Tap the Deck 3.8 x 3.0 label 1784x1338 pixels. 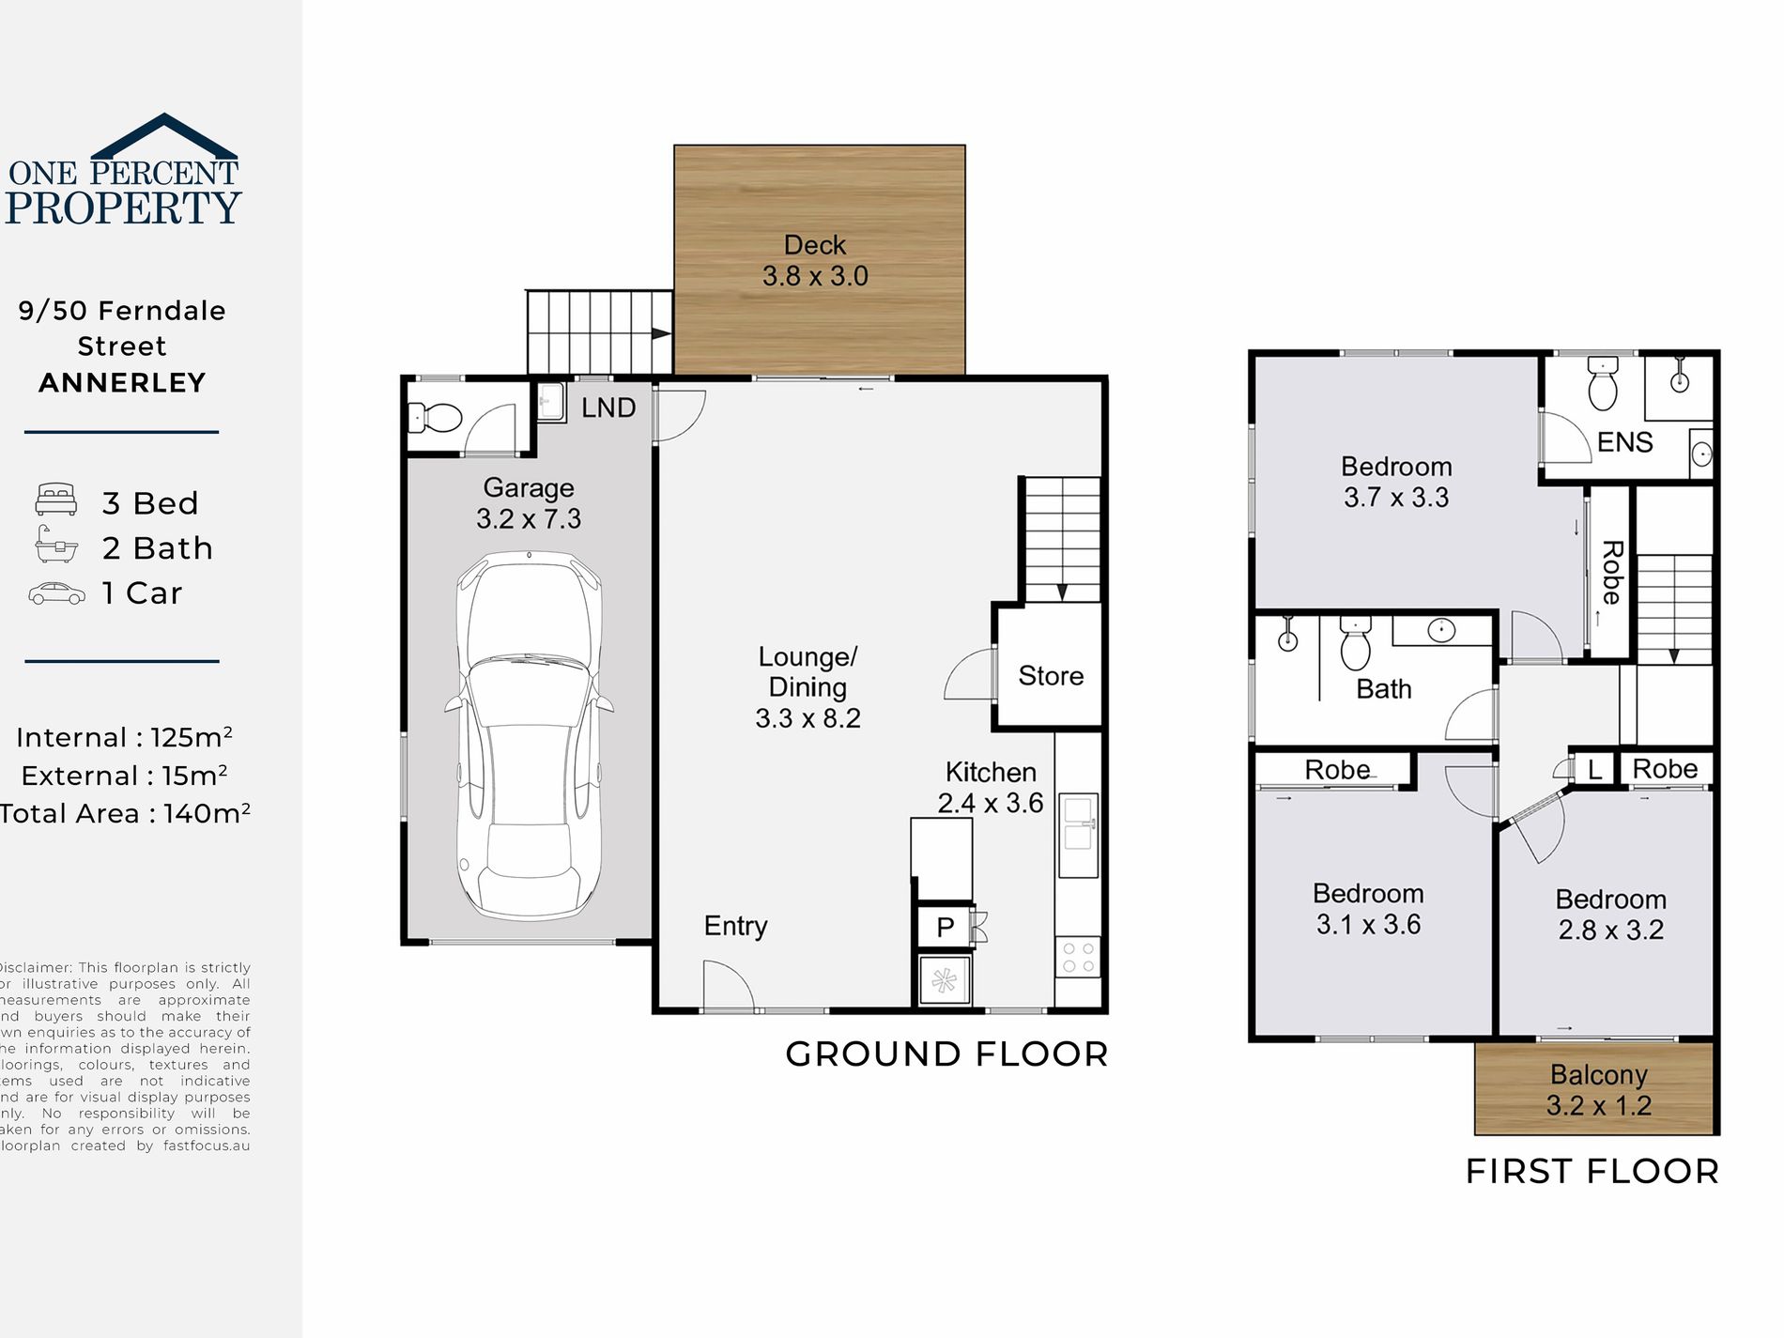click(x=815, y=261)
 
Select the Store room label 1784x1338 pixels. click(x=1051, y=676)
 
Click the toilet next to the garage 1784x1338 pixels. click(x=438, y=417)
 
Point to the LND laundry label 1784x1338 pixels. click(x=608, y=408)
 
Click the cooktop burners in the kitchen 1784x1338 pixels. click(x=1078, y=958)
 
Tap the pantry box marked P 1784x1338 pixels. click(x=946, y=928)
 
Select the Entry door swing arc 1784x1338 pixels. click(x=728, y=986)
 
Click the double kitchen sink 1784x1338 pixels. click(x=1078, y=836)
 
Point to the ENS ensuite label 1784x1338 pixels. click(x=1624, y=442)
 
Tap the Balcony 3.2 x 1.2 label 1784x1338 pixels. click(x=1598, y=1090)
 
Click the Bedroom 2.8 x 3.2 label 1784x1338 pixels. click(x=1611, y=915)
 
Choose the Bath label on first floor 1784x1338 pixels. click(x=1384, y=689)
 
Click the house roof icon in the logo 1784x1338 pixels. click(x=164, y=136)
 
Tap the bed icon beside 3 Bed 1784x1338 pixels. click(x=56, y=500)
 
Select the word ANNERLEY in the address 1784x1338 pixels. click(x=122, y=383)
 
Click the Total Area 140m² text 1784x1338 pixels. click(x=125, y=813)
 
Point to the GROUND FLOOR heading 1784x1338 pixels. click(x=946, y=1054)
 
